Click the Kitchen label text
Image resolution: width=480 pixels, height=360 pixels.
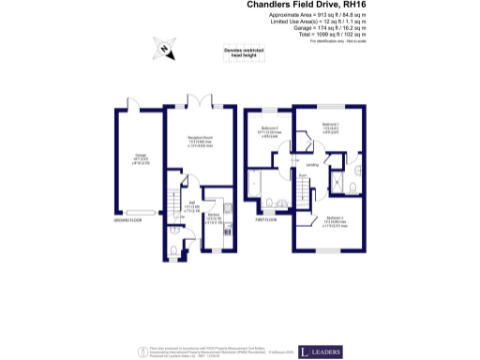coord(213,219)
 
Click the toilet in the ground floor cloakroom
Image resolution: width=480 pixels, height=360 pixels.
coord(176,248)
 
